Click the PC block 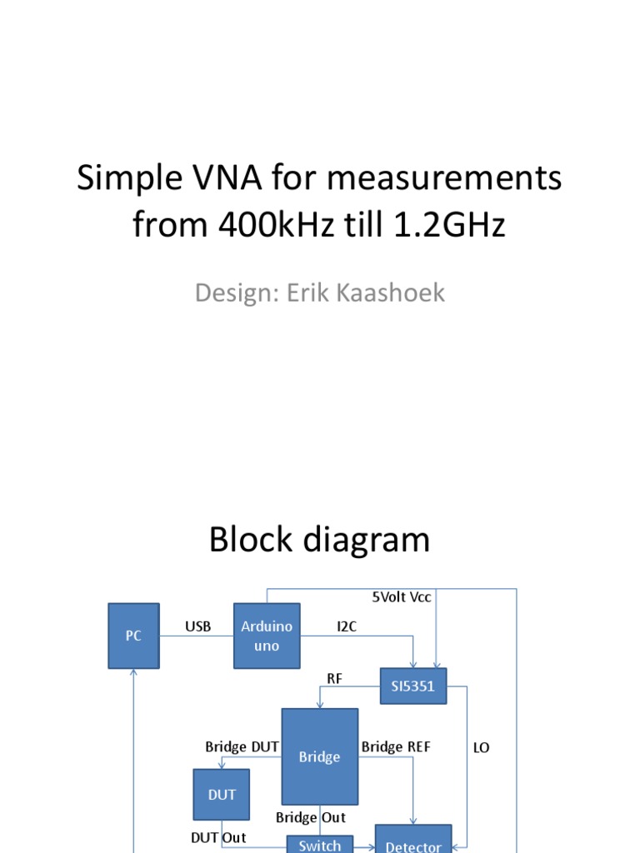(133, 636)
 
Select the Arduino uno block (266, 636)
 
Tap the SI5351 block (412, 686)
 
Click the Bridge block (320, 756)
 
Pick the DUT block (222, 795)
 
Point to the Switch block (320, 844)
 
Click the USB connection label (197, 626)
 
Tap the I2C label (347, 626)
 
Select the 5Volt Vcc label (402, 597)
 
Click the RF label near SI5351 (335, 679)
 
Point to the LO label (481, 748)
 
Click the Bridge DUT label (242, 747)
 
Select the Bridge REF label (396, 747)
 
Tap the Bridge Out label (311, 818)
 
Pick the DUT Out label (218, 837)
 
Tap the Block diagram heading (319, 540)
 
